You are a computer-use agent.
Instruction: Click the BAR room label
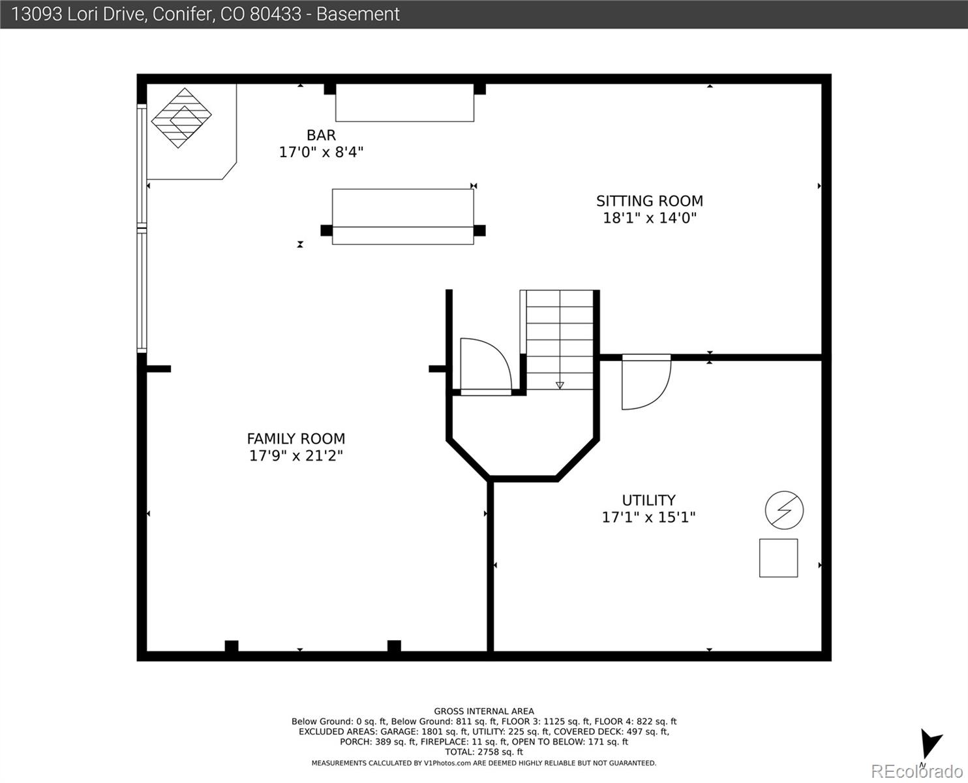click(x=321, y=135)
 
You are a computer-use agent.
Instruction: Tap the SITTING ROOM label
click(x=649, y=201)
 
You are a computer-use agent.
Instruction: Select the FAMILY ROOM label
click(x=295, y=438)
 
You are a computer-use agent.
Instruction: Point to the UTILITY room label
click(x=648, y=500)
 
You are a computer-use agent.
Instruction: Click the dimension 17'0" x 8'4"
click(x=321, y=152)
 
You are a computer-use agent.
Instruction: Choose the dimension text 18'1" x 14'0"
click(x=649, y=218)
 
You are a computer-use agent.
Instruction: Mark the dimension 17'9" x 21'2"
click(x=295, y=455)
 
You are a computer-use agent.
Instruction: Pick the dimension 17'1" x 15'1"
click(x=648, y=517)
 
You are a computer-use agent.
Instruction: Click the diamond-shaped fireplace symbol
click(x=181, y=118)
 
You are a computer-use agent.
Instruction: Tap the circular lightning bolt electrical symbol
click(x=784, y=510)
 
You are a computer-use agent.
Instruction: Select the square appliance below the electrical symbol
click(x=778, y=558)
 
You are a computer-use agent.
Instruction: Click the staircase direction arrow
click(x=560, y=385)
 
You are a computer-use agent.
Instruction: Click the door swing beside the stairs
click(x=485, y=365)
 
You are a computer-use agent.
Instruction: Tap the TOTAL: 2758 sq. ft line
click(x=483, y=752)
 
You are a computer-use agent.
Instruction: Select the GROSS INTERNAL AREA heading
click(x=483, y=711)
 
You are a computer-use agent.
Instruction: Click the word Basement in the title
click(x=357, y=14)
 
